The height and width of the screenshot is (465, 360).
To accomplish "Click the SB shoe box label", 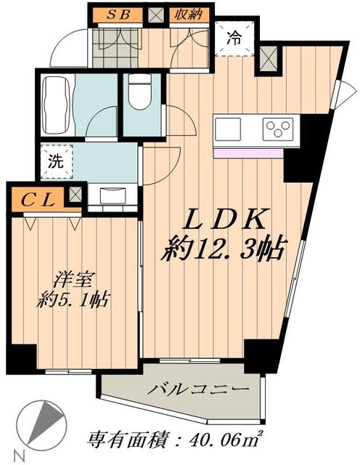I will point(120,15).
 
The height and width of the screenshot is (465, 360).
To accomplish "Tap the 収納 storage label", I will point(188,15).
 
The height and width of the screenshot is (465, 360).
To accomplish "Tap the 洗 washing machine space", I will point(56,162).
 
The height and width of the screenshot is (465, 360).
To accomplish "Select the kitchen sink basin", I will point(230,132).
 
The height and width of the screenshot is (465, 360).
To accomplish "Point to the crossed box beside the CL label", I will point(75,195).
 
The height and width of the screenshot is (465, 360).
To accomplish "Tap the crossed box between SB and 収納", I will point(155,15).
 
